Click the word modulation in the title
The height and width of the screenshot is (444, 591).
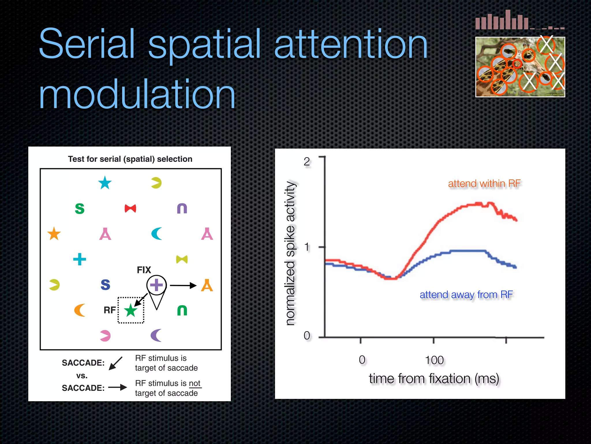tap(137, 95)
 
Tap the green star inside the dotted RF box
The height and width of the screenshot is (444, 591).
tap(131, 310)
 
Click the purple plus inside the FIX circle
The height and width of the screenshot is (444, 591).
tap(156, 285)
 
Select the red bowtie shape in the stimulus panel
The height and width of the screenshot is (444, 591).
tap(130, 208)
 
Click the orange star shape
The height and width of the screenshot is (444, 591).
tap(54, 234)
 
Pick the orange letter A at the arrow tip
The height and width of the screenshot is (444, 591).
tap(207, 286)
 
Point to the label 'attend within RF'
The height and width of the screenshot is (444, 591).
tap(484, 184)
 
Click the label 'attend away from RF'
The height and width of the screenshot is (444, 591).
tap(466, 295)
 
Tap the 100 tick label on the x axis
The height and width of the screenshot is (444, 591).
tap(434, 360)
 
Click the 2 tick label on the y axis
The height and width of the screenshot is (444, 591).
tap(307, 162)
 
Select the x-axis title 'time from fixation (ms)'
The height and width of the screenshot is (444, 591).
tap(434, 379)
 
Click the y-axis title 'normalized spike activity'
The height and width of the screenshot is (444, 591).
tap(290, 253)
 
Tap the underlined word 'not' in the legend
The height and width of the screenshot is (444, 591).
tap(194, 383)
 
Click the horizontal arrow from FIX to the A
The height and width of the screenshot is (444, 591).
tap(183, 286)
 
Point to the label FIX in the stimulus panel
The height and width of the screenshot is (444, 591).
tap(144, 270)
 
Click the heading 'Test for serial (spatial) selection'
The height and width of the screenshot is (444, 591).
tap(130, 159)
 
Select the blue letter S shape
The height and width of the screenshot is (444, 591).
tap(105, 285)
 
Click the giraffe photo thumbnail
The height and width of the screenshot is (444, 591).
tap(520, 67)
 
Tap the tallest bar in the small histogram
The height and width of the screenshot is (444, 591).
tap(508, 20)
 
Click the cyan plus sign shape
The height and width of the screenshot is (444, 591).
tap(80, 259)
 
